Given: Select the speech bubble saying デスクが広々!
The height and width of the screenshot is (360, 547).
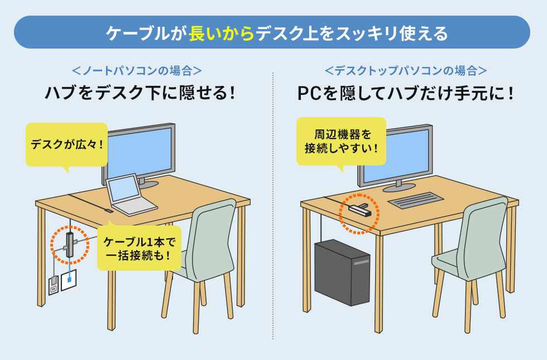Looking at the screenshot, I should pyautogui.click(x=66, y=145).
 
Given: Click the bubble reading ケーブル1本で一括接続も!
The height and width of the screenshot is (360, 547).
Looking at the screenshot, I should pyautogui.click(x=139, y=248).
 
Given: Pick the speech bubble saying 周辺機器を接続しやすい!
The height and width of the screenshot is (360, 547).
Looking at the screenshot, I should pyautogui.click(x=341, y=141).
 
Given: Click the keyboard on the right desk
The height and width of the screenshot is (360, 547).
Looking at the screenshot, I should pyautogui.click(x=416, y=200).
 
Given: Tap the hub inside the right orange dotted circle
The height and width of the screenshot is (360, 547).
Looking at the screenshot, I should pyautogui.click(x=359, y=210).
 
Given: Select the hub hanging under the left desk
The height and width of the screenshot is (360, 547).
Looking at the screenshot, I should pyautogui.click(x=69, y=244).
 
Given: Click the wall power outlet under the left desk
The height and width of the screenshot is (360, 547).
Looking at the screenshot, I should pyautogui.click(x=54, y=286).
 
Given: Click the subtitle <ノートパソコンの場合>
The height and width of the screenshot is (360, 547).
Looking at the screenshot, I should pyautogui.click(x=137, y=71).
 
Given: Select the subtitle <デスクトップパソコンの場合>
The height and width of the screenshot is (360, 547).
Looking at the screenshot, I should pyautogui.click(x=406, y=71).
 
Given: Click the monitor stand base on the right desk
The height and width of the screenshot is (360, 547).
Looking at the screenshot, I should pyautogui.click(x=399, y=187).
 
